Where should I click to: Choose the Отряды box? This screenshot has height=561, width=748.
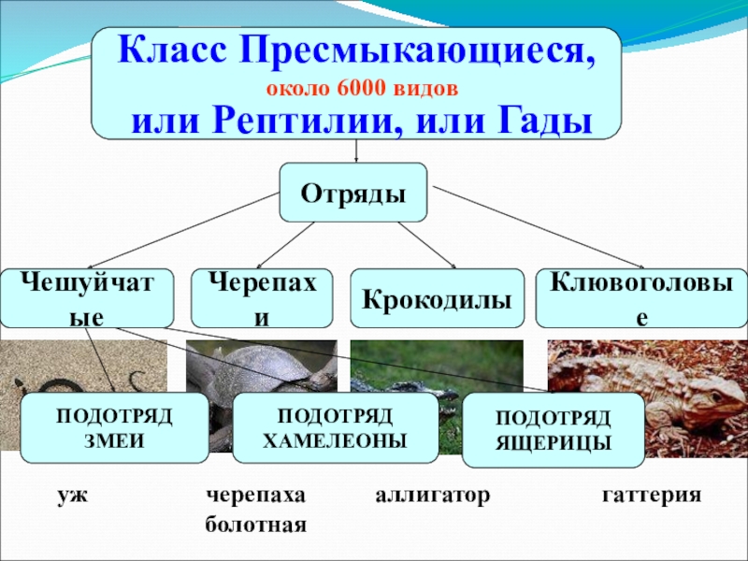point(353,194)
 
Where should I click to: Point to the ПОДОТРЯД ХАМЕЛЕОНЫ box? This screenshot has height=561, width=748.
point(335,428)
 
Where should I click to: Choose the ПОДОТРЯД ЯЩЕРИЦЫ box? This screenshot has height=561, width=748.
point(554,430)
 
